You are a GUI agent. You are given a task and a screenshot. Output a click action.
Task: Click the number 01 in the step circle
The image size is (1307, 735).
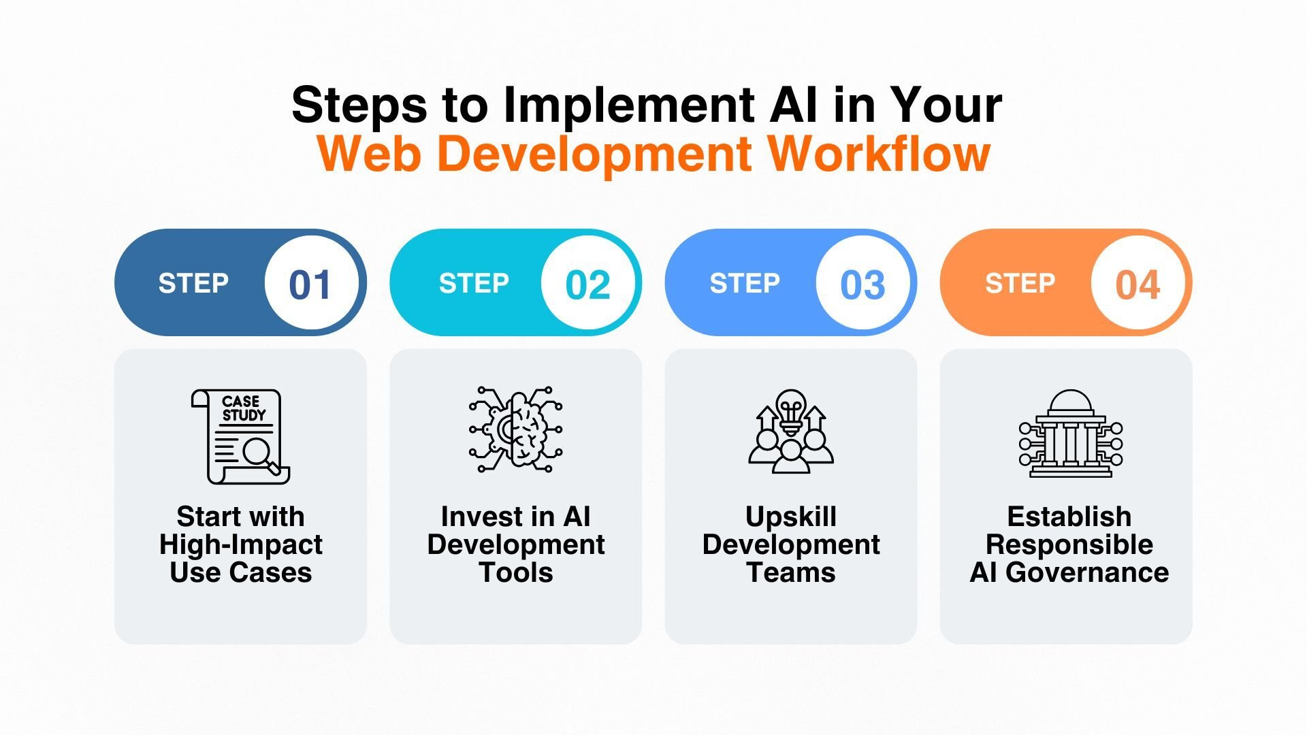pyautogui.click(x=310, y=284)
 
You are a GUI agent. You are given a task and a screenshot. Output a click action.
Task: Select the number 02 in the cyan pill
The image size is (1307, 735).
pyautogui.click(x=587, y=284)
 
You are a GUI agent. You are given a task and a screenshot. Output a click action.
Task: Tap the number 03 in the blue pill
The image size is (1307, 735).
pyautogui.click(x=862, y=284)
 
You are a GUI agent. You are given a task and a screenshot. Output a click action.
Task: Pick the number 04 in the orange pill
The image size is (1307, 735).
pyautogui.click(x=1137, y=284)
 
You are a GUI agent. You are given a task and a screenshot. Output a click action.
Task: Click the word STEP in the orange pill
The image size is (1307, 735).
pyautogui.click(x=1020, y=283)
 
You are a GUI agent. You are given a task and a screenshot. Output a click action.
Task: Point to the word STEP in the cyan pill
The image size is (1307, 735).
pyautogui.click(x=474, y=283)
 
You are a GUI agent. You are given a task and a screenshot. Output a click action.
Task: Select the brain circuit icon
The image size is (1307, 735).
pyautogui.click(x=516, y=429)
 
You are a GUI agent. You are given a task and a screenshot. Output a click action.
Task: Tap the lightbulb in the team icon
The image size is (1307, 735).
pyautogui.click(x=790, y=407)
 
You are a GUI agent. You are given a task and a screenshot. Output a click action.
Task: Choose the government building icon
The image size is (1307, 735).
pyautogui.click(x=1070, y=434)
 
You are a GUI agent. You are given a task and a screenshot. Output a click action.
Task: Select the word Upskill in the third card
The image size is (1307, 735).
pyautogui.click(x=790, y=517)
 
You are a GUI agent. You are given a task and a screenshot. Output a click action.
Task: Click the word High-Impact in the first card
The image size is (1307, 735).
pyautogui.click(x=241, y=544)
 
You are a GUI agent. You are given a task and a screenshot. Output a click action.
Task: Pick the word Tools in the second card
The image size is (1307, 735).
pyautogui.click(x=516, y=572)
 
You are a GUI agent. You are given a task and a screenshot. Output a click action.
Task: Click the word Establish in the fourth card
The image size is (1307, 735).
pyautogui.click(x=1069, y=517)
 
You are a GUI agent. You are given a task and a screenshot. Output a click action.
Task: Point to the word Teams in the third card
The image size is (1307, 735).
pyautogui.click(x=790, y=572)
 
